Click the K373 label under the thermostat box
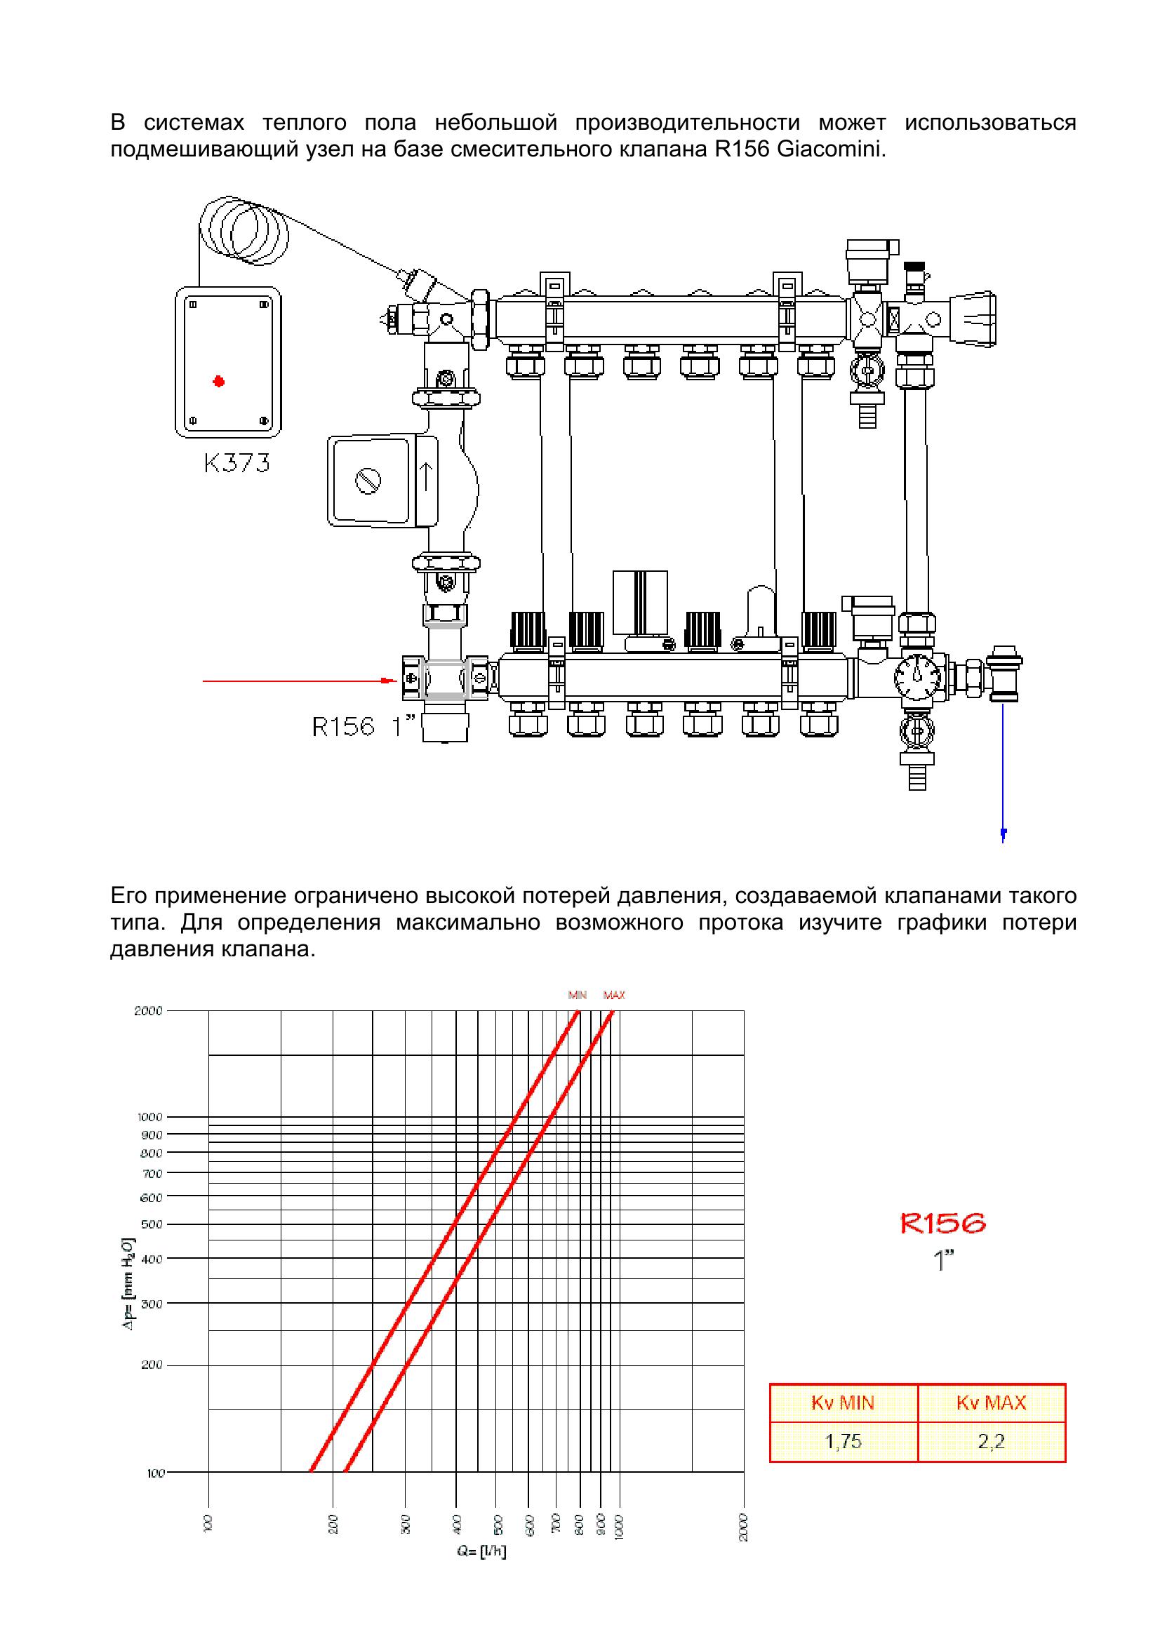point(236,464)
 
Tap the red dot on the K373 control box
point(218,382)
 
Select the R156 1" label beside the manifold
point(364,726)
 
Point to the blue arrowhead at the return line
point(1004,833)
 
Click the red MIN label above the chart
point(577,995)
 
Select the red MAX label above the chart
point(614,995)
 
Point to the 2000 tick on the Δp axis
point(149,1010)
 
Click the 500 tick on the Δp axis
point(152,1224)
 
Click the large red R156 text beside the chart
point(943,1224)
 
